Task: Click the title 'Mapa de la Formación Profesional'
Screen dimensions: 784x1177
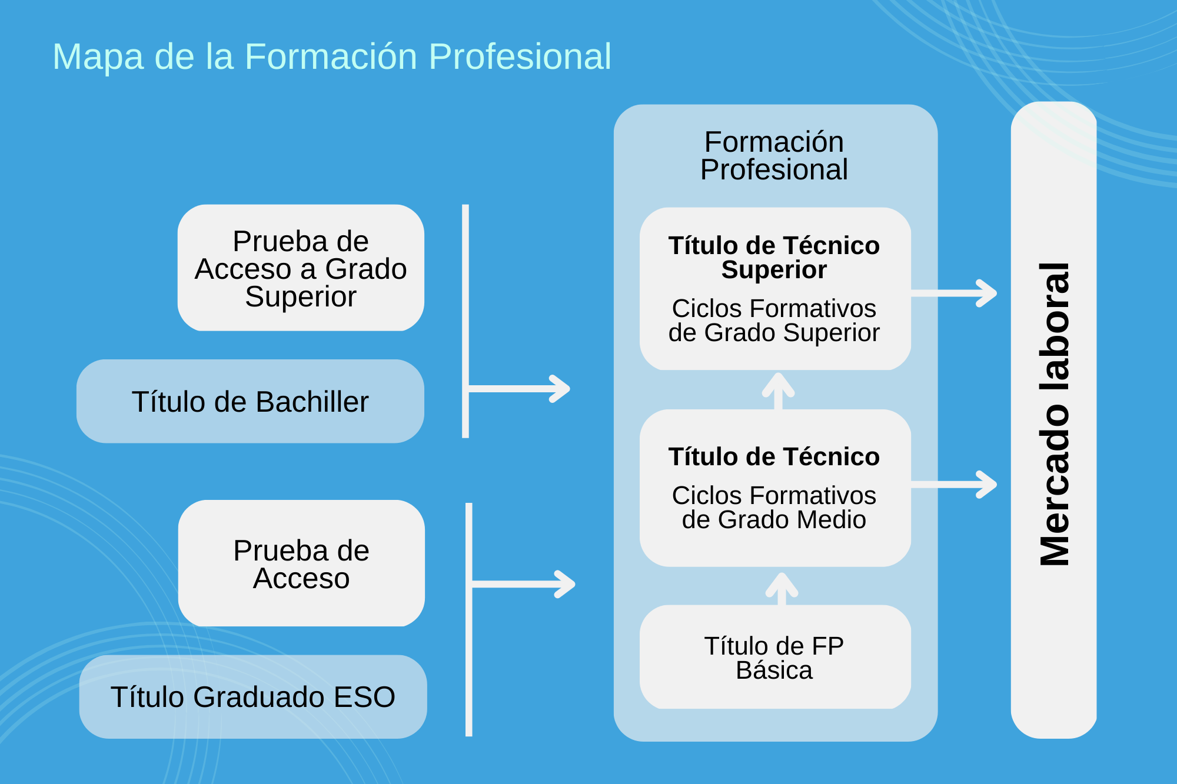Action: [332, 57]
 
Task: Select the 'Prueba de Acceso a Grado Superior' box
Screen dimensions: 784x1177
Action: [301, 268]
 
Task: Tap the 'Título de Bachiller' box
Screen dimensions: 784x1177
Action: [250, 402]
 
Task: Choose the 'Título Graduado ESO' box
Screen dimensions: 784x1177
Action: [253, 697]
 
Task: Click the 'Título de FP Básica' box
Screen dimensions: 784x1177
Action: [774, 658]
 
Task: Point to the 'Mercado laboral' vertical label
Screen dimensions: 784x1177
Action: [1054, 415]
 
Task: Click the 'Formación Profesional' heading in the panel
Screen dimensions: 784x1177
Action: [774, 156]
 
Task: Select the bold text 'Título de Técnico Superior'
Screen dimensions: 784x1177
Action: [774, 258]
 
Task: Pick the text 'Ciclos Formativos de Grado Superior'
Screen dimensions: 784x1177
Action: [774, 321]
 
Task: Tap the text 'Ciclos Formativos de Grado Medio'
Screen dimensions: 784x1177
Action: [774, 508]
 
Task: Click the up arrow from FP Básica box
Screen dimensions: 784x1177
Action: [782, 588]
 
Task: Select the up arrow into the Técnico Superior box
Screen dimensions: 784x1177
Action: [779, 390]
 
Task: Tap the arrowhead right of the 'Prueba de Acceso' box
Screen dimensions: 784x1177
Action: [563, 584]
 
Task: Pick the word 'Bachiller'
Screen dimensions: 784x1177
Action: [312, 402]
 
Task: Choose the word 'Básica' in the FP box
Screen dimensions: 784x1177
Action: [774, 670]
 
